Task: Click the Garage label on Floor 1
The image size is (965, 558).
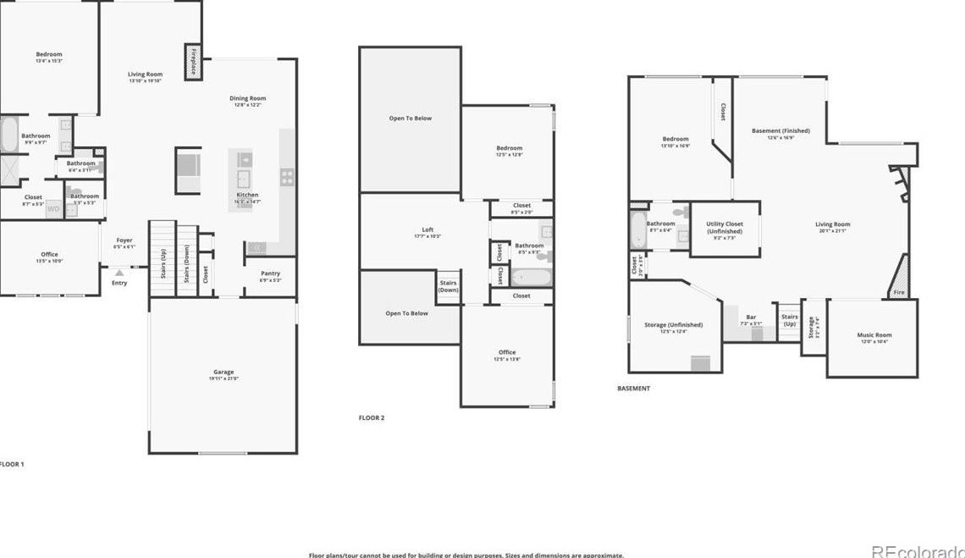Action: pos(223,373)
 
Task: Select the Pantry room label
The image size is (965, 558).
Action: pos(270,273)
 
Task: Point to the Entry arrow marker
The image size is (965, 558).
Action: pos(119,273)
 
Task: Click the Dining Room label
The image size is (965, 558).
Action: pos(248,98)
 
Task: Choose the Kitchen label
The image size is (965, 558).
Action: pos(247,195)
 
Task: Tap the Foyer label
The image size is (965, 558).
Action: pos(124,240)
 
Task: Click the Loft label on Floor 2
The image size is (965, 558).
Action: pos(427,229)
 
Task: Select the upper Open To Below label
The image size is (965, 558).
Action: pos(410,119)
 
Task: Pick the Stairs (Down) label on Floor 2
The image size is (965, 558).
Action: pos(449,286)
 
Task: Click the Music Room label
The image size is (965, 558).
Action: pos(874,335)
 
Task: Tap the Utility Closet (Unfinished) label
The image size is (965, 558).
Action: pos(724,227)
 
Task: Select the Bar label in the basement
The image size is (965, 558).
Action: pos(751,317)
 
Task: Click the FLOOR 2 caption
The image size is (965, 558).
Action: pos(372,417)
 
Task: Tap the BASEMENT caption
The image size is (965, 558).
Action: pos(633,389)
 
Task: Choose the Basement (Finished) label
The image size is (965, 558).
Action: pos(780,131)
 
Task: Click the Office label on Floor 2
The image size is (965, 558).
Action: pos(507,352)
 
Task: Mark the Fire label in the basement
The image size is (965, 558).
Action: pos(898,293)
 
